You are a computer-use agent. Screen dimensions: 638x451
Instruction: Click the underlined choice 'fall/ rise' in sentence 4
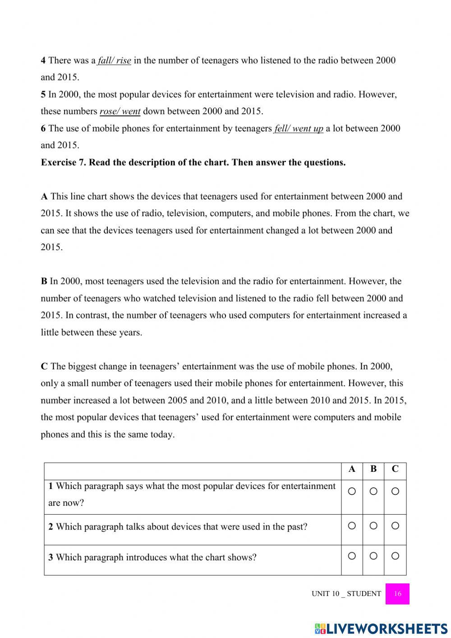tap(115, 61)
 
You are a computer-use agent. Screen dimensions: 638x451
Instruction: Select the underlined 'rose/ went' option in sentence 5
tap(120, 111)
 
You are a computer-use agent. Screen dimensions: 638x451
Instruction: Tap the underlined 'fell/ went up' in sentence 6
tap(299, 129)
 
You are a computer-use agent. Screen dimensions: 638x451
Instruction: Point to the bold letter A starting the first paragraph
tap(44, 196)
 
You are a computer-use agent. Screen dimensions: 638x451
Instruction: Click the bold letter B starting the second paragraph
tap(44, 281)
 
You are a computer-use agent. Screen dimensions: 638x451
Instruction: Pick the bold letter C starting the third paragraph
tap(44, 366)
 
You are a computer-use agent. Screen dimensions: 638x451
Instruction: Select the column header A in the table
tap(352, 469)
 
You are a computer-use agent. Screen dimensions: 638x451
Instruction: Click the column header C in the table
tap(395, 469)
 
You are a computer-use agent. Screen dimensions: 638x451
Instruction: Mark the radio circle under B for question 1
tap(373, 491)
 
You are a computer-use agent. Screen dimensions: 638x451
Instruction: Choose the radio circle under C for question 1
tap(395, 491)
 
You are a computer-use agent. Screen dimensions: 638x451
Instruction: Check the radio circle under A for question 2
tap(352, 526)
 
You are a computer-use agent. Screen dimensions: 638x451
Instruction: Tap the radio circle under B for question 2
tap(373, 526)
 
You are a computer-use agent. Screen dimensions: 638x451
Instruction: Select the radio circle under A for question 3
tap(352, 556)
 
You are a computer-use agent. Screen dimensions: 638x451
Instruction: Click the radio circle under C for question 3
tap(395, 556)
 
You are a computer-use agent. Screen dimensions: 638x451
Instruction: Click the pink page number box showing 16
tap(397, 594)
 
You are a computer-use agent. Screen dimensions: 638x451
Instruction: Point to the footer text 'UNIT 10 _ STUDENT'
tap(346, 594)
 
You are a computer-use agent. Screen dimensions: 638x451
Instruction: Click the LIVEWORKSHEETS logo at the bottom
tap(381, 629)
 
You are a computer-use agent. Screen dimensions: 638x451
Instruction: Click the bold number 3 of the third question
tap(51, 558)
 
